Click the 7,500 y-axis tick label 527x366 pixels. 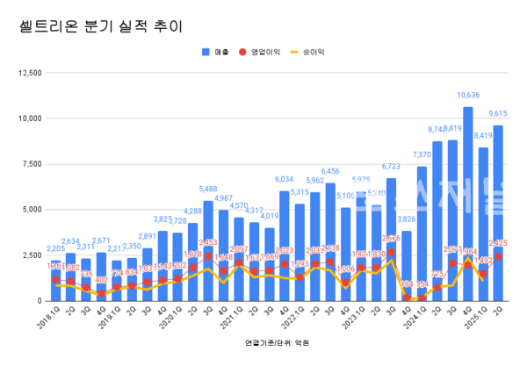pyautogui.click(x=29, y=163)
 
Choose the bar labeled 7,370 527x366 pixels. pyautogui.click(x=422, y=233)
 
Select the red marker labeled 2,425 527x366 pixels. pyautogui.click(x=498, y=256)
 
